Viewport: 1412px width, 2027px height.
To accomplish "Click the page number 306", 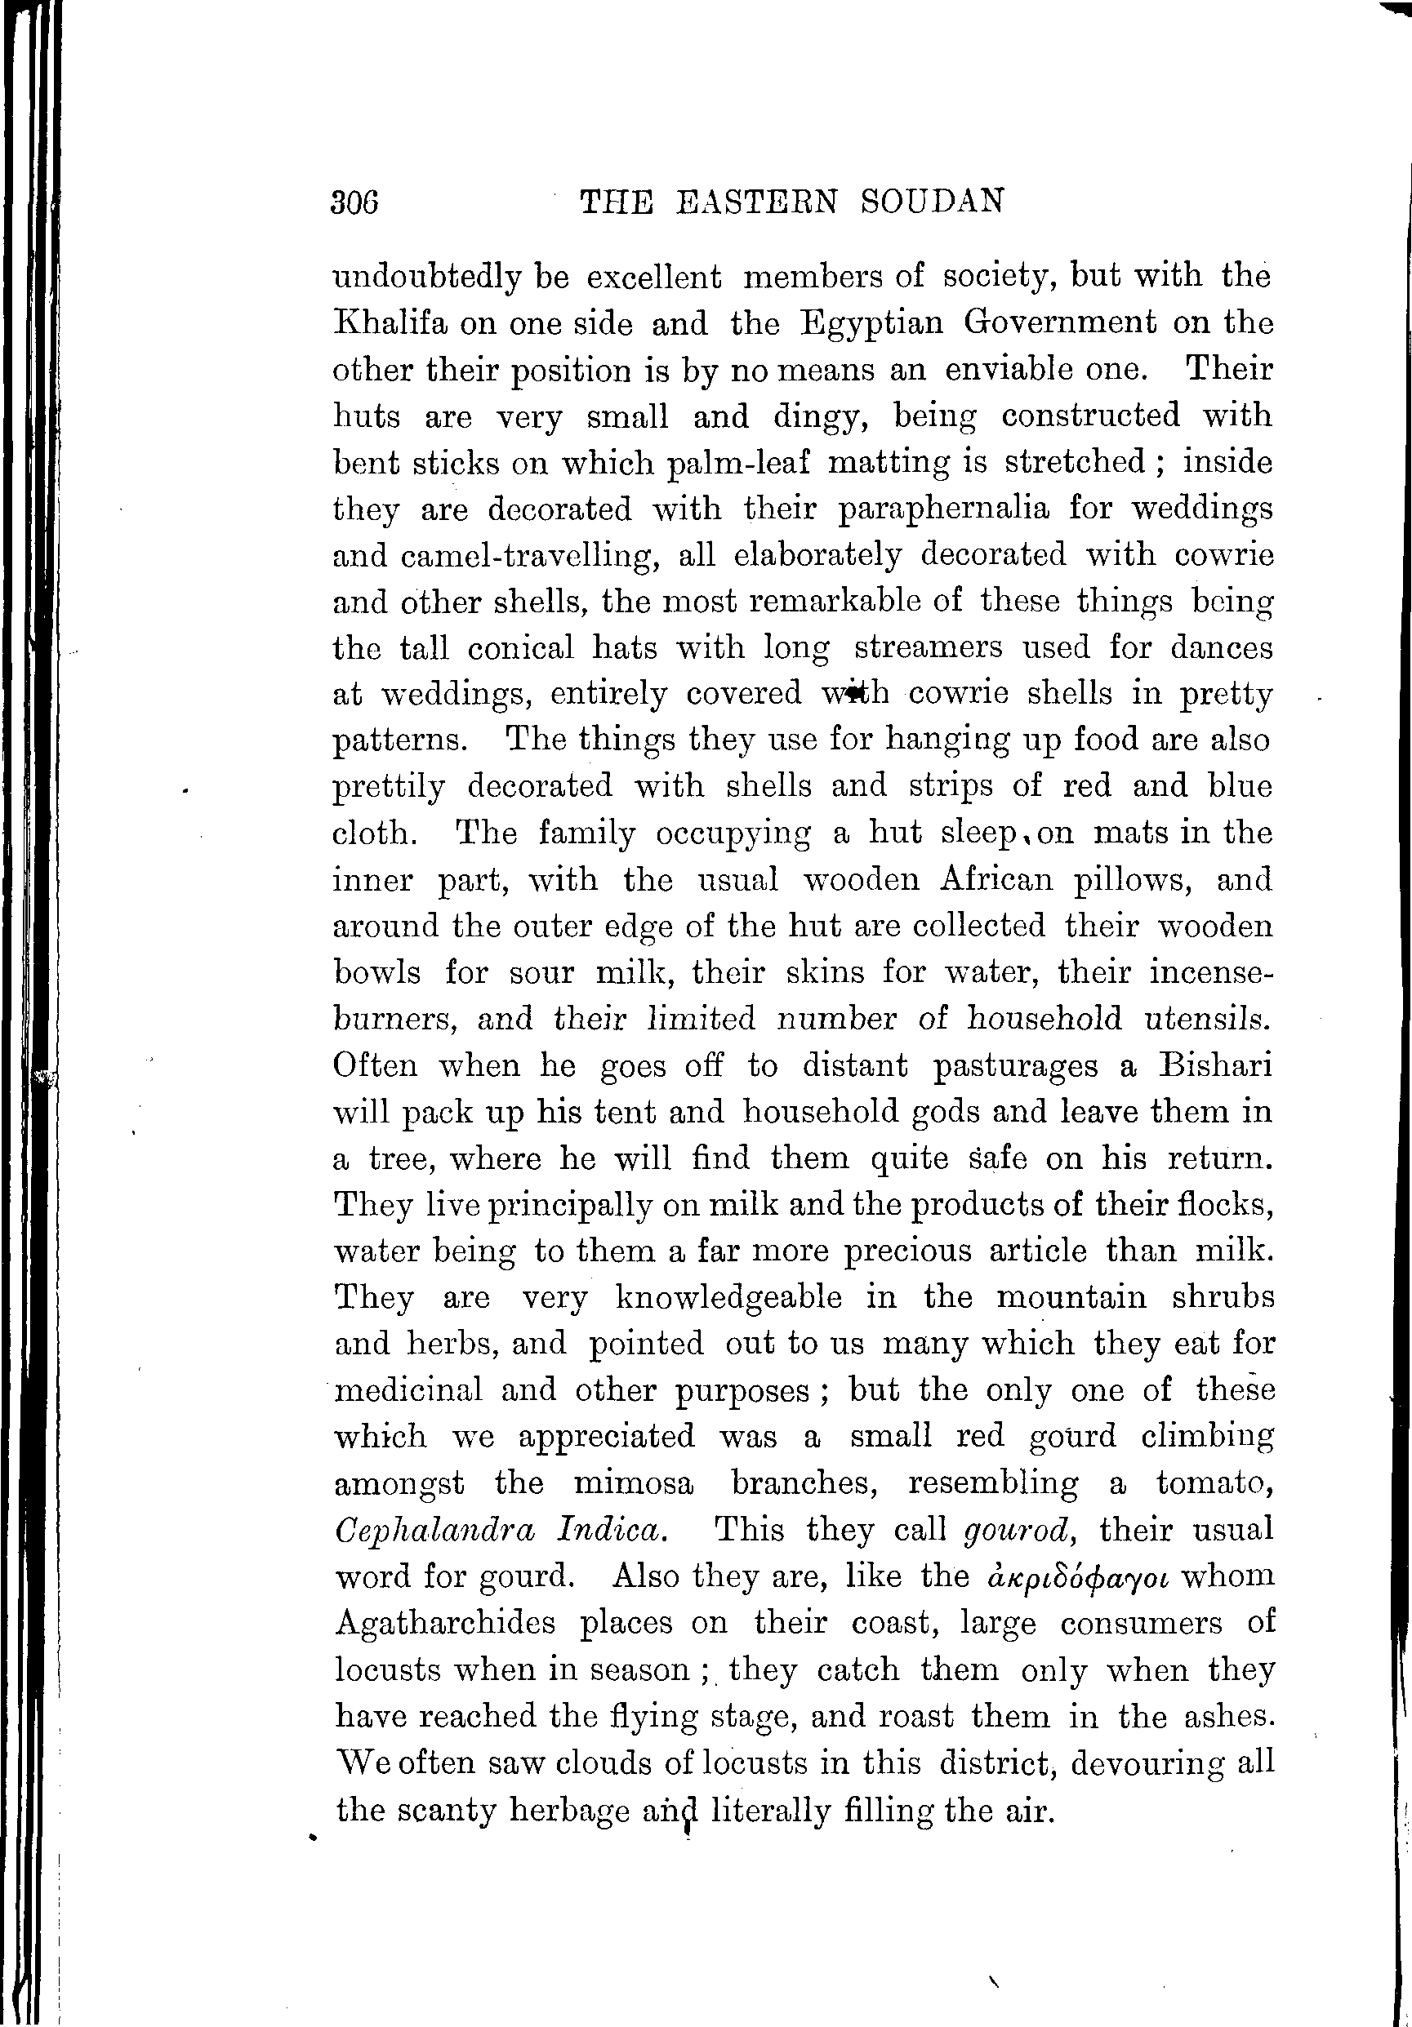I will pos(355,203).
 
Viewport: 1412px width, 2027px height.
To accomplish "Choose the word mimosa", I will pos(633,1483).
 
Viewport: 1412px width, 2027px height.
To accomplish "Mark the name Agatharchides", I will pos(445,1623).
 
